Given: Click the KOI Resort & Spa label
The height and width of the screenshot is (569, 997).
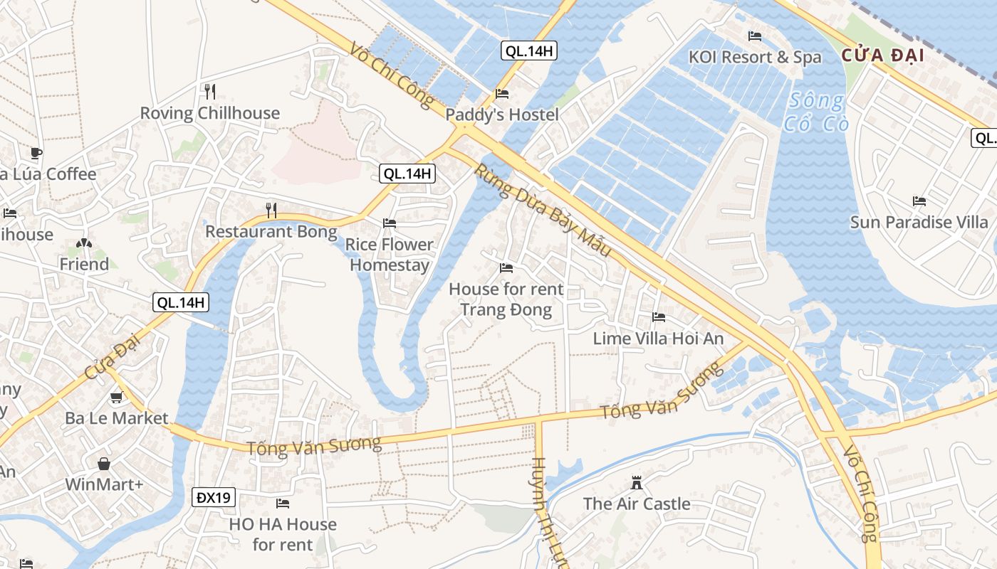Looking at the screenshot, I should coord(755,57).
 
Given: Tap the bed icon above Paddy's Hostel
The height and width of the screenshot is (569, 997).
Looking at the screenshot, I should coord(502,94).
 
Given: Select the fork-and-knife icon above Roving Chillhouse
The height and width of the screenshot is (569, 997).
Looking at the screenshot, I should coord(209,91).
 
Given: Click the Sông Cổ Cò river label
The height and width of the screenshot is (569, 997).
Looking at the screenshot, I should coord(816,112).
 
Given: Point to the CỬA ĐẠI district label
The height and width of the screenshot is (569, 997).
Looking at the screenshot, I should coord(882,55).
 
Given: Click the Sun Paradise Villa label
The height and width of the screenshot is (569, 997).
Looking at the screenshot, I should coord(919,222).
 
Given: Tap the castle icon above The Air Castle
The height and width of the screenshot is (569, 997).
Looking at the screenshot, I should coord(637,484).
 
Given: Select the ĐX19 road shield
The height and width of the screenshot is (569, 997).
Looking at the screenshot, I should coord(213,497).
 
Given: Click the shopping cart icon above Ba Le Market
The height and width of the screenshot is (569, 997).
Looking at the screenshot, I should coord(116,398).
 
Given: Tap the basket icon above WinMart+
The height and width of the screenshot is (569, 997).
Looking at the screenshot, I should coord(104,464).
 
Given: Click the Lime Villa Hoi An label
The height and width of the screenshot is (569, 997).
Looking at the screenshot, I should coord(658,339).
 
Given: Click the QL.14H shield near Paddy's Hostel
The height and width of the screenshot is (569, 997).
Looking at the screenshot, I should coord(528,50).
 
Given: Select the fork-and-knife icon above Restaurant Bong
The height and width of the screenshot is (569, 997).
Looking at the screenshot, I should coord(271,210).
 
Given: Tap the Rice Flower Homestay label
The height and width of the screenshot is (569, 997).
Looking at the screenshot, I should coord(389,255).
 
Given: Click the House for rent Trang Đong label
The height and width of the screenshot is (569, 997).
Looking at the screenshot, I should coord(506,299).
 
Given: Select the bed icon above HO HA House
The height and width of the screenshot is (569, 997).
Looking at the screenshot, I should coord(283,504).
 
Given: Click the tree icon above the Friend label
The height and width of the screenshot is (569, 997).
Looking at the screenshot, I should coord(84,244).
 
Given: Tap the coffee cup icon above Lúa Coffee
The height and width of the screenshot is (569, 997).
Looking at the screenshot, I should coord(36,152).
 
